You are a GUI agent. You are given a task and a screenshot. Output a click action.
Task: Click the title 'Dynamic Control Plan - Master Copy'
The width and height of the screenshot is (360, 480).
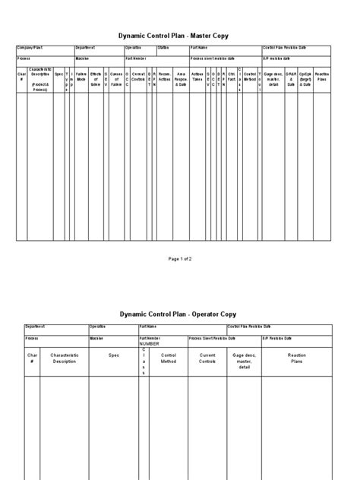tap(180, 34)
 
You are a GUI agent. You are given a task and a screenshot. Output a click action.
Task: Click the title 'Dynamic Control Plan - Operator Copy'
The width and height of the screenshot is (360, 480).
tap(180, 314)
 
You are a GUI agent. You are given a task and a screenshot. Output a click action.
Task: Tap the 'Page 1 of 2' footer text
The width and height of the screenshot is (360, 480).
tap(180, 258)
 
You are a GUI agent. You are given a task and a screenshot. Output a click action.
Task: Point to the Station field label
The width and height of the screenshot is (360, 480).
tap(163, 49)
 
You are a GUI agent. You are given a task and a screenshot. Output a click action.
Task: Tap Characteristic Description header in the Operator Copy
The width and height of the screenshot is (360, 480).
tap(65, 358)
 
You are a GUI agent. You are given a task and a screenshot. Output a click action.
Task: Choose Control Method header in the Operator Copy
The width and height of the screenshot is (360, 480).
tap(169, 358)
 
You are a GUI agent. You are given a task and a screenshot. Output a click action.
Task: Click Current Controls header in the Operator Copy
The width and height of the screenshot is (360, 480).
tap(207, 358)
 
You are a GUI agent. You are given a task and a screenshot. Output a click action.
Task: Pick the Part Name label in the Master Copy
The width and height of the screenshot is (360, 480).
tap(199, 49)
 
